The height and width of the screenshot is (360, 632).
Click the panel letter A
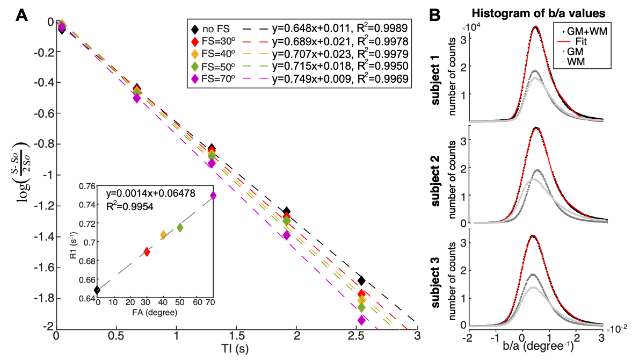tap(22, 15)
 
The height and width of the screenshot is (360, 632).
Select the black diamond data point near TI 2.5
tap(361, 280)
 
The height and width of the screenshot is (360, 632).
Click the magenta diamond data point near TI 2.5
tap(361, 320)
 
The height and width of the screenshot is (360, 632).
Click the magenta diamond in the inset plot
tap(213, 196)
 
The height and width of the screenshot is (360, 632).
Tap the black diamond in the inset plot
tap(97, 290)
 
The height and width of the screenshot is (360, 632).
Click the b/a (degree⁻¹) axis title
tap(535, 350)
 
